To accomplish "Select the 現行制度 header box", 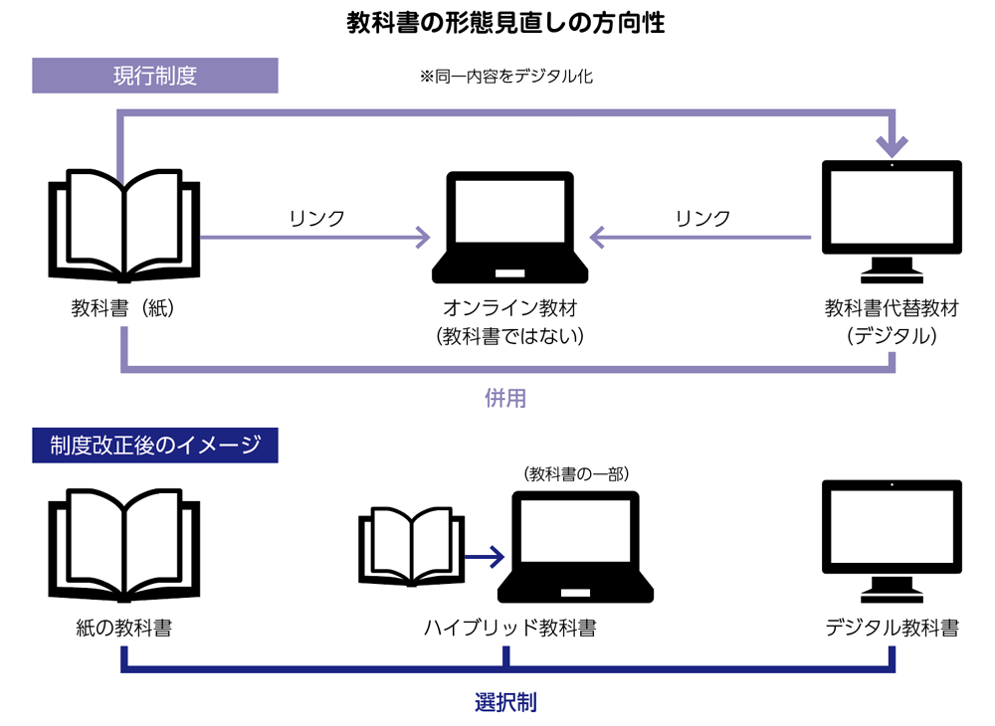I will click(154, 77).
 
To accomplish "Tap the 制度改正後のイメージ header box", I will click(154, 445).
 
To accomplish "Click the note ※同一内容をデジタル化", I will click(506, 76).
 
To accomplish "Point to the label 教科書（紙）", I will click(123, 308).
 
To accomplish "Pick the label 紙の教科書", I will click(123, 629).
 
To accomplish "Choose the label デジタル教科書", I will click(892, 629).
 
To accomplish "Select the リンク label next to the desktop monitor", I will click(702, 218).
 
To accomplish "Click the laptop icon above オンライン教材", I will click(508, 227).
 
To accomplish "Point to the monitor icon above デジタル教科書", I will click(892, 542).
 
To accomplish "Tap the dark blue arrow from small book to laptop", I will click(485, 557).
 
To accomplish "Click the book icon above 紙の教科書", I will click(123, 542).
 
